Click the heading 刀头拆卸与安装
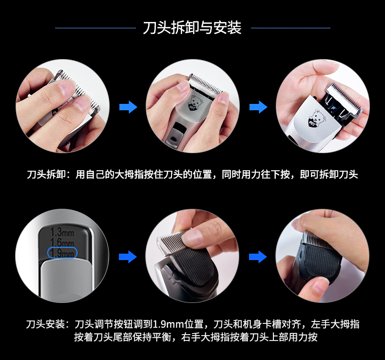click(x=192, y=27)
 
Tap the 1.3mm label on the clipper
click(x=62, y=232)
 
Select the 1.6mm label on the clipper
click(x=62, y=242)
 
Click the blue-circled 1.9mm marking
click(x=62, y=253)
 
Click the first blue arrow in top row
click(x=128, y=107)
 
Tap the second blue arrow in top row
click(x=258, y=107)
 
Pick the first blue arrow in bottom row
click(x=128, y=257)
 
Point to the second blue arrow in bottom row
click(x=258, y=257)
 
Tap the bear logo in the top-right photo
click(x=317, y=119)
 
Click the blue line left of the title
click(x=96, y=28)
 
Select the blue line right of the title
click(x=291, y=28)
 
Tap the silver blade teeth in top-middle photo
click(x=206, y=83)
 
